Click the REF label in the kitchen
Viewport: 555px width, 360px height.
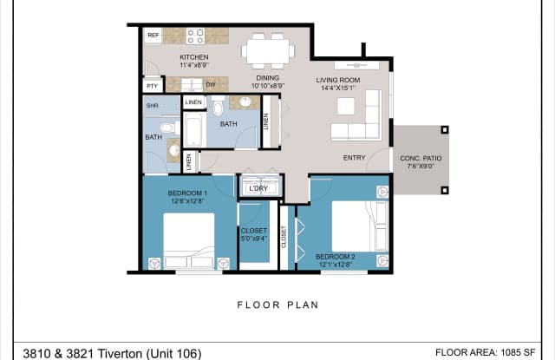point(153,36)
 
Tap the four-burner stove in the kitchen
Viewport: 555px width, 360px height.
point(195,36)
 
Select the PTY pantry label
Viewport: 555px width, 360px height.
point(153,86)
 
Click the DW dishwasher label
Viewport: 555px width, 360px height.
point(210,84)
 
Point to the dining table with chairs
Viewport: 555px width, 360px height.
point(267,49)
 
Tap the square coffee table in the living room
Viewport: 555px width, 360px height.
point(346,106)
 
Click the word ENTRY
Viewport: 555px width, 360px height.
point(354,158)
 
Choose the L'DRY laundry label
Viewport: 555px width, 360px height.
point(258,188)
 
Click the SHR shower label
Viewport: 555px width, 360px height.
point(152,106)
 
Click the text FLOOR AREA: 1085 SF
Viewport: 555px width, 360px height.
point(490,353)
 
